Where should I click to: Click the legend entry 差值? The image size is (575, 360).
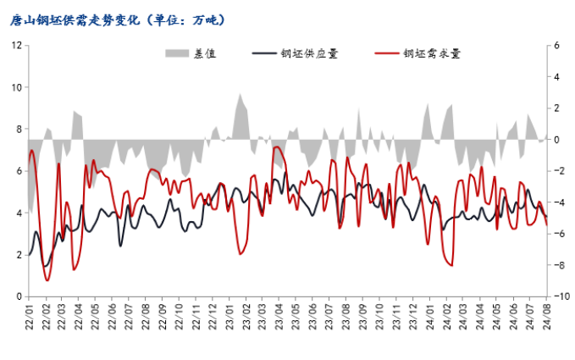204,54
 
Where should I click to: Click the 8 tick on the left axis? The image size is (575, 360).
18,129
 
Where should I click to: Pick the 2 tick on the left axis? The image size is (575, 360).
18,255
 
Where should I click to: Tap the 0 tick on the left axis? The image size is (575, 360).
18,296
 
